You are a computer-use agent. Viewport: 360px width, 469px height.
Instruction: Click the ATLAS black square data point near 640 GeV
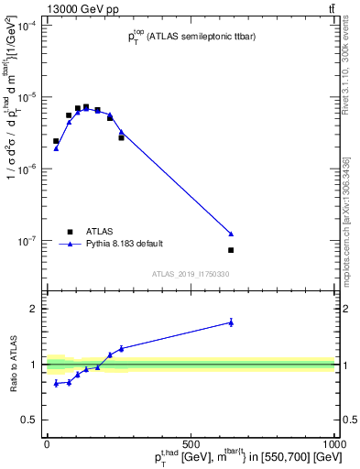point(231,250)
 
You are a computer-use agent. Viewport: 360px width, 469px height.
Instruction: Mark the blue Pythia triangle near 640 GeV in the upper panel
point(231,234)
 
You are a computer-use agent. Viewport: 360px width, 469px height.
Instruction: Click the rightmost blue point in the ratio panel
point(231,322)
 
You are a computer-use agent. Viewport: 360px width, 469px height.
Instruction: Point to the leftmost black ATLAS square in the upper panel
point(56,141)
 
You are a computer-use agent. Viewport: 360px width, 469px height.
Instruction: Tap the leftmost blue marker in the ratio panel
point(56,383)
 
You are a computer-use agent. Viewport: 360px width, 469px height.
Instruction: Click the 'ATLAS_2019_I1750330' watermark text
point(191,273)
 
